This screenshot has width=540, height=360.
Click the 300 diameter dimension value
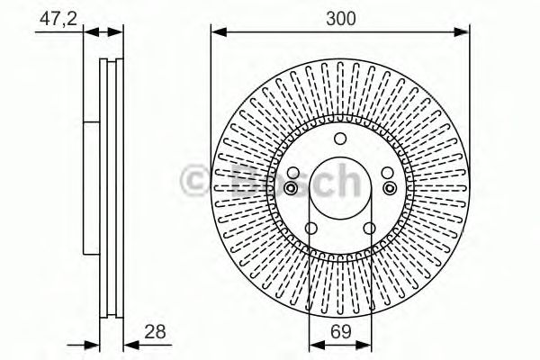[339, 16]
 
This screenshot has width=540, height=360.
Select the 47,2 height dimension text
[57, 16]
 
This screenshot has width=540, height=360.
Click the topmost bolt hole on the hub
[339, 139]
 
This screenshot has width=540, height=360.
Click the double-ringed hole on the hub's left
[292, 187]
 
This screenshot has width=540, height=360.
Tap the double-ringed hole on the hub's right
[388, 187]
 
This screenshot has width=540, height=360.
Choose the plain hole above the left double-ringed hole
[294, 174]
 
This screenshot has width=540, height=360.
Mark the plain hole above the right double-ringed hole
[385, 174]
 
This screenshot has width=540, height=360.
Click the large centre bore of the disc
[339, 191]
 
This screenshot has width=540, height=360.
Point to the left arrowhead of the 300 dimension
[216, 32]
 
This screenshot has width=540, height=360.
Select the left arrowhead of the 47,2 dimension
[86, 32]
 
